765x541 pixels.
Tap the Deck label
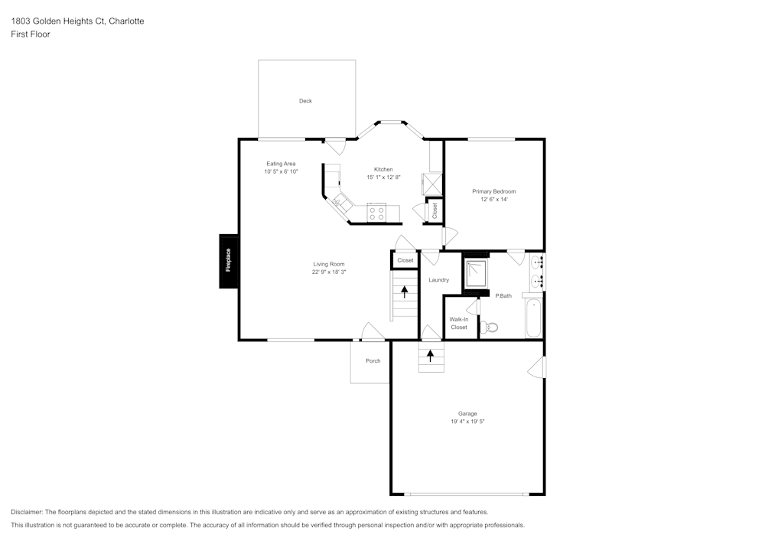(305, 101)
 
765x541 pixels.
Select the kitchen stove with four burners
(376, 212)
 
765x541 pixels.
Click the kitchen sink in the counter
(340, 203)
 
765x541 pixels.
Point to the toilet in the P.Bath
(491, 327)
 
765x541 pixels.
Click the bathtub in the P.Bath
(534, 317)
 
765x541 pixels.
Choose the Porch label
(373, 360)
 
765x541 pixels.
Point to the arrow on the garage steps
(431, 355)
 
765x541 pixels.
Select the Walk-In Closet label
(459, 323)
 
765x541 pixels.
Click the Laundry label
(438, 280)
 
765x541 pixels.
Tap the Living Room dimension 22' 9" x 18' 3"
(328, 272)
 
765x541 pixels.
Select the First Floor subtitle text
(31, 34)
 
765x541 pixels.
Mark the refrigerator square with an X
(432, 184)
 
